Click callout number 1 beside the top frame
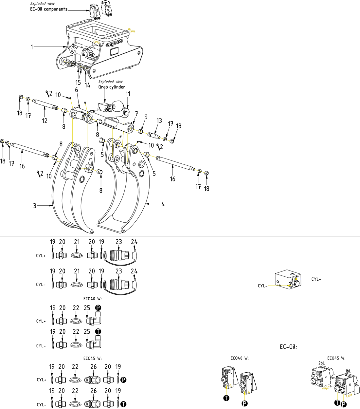pos(32,47)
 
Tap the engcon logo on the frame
pos(114,43)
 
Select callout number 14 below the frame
pos(87,85)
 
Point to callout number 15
pos(78,83)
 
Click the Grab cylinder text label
pos(112,87)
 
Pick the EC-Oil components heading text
pos(49,9)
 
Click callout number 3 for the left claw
pos(34,206)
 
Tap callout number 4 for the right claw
pos(163,204)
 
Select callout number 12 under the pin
pos(45,121)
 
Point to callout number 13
pos(159,121)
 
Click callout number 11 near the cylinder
pos(128,94)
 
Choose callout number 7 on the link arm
pos(136,114)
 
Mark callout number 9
pos(146,117)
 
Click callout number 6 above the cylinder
pos(77,90)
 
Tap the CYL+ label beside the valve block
pos(316,279)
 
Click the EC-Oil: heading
pos(288,347)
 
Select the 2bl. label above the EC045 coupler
pos(321,363)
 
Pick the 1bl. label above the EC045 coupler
pos(348,371)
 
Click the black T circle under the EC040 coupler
pos(226,398)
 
